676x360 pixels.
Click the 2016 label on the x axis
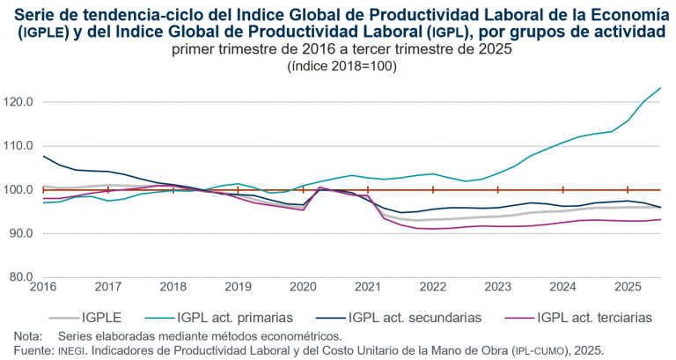coord(42,287)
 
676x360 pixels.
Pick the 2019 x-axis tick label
coord(238,287)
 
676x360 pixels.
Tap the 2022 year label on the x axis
coord(432,287)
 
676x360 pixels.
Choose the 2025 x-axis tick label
coord(628,287)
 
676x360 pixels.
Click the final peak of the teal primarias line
coord(660,88)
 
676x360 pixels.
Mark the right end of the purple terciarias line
coord(660,220)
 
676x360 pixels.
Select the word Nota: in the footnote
coord(28,336)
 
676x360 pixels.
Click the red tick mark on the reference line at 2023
coord(497,189)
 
